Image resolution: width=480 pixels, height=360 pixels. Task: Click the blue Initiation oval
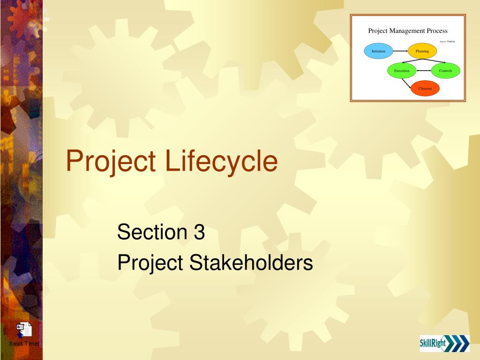[x=378, y=51]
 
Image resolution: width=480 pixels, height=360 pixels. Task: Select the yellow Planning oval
[x=422, y=51]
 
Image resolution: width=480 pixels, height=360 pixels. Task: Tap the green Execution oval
[x=402, y=71]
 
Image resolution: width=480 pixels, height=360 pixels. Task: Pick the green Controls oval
[x=445, y=71]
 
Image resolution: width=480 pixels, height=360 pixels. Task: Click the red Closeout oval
[x=425, y=88]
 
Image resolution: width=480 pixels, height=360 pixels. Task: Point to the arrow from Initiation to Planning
[x=400, y=51]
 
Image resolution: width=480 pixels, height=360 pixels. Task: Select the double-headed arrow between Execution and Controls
[x=423, y=71]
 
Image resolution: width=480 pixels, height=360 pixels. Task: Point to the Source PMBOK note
[x=447, y=42]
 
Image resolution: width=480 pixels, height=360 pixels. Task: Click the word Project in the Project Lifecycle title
[x=111, y=161]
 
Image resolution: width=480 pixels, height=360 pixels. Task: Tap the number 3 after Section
[x=198, y=232]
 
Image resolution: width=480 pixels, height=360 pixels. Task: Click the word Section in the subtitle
[x=151, y=232]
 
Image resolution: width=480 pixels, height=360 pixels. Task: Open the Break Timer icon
[x=23, y=330]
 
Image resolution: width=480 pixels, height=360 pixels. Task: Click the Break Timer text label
[x=23, y=344]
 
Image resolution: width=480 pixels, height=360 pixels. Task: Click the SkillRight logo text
[x=433, y=344]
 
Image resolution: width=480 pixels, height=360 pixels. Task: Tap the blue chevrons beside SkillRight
[x=458, y=344]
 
